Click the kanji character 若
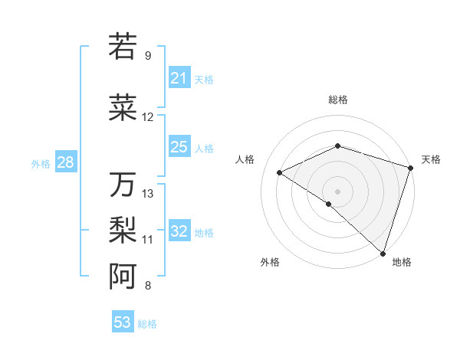(123, 46)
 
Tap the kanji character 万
(123, 184)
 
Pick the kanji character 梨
(123, 230)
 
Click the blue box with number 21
(179, 78)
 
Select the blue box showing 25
(179, 147)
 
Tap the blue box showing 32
(179, 231)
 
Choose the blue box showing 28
(65, 162)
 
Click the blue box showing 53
(122, 322)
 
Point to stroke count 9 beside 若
(147, 56)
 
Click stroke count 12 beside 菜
(147, 117)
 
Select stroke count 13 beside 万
(148, 194)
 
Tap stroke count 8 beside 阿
(147, 286)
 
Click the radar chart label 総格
(337, 100)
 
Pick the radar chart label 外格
(270, 262)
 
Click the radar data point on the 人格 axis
(280, 173)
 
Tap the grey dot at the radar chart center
(337, 191)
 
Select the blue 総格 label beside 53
(147, 324)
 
